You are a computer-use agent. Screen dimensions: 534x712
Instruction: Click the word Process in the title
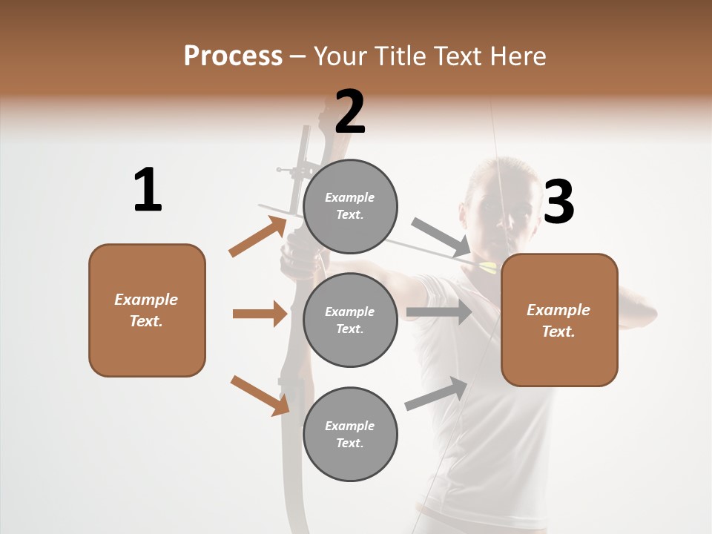[x=233, y=56]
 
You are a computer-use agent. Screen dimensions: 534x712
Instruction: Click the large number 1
[x=148, y=191]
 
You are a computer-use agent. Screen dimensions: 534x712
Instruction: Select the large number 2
[x=350, y=112]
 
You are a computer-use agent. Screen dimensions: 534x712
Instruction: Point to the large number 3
[x=558, y=203]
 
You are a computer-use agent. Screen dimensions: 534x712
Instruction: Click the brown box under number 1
[x=147, y=310]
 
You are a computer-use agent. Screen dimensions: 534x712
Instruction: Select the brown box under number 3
[x=559, y=320]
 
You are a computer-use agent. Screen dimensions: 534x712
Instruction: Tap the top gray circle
[x=350, y=205]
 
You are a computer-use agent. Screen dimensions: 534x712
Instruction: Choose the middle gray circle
[x=350, y=320]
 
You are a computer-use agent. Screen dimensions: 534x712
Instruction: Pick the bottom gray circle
[x=350, y=434]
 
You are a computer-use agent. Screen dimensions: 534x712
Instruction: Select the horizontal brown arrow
[x=260, y=314]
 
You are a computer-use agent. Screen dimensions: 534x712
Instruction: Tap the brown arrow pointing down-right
[x=260, y=395]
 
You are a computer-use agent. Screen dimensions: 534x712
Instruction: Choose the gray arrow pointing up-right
[x=437, y=393]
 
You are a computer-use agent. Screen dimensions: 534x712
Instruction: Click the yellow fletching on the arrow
[x=488, y=267]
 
